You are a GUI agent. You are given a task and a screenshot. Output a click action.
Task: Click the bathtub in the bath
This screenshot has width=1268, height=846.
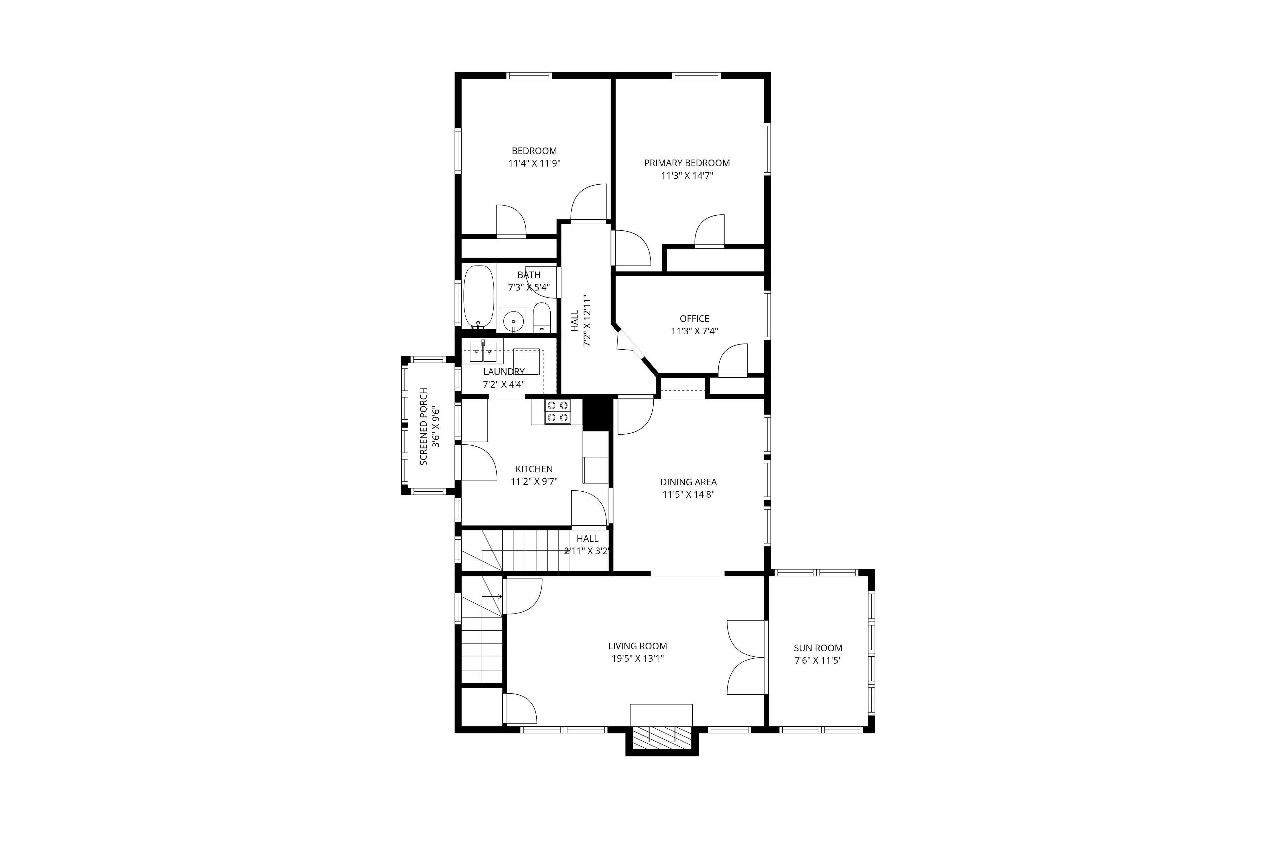tap(479, 296)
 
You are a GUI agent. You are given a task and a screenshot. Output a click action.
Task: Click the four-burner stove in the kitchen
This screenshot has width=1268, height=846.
tap(557, 412)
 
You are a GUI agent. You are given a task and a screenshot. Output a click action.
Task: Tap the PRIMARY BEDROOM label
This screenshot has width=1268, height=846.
tap(687, 163)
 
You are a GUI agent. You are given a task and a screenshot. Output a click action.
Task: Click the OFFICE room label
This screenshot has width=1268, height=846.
tap(694, 319)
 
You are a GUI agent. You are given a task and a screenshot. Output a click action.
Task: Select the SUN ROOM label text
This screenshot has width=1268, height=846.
tap(818, 648)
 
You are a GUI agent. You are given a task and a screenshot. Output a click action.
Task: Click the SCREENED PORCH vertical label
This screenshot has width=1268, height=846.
tap(424, 426)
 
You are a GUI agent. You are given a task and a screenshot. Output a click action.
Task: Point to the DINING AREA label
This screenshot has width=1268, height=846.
tap(689, 482)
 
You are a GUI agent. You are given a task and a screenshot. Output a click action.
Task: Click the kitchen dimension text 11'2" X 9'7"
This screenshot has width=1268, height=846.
tap(534, 481)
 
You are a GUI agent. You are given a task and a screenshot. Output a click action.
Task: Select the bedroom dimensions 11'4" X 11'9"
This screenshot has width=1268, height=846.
tap(534, 163)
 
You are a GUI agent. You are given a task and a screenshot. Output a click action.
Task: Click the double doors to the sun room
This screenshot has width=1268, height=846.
tap(746, 657)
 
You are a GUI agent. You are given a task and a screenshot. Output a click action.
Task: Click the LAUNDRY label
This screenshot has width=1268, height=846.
tap(503, 372)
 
